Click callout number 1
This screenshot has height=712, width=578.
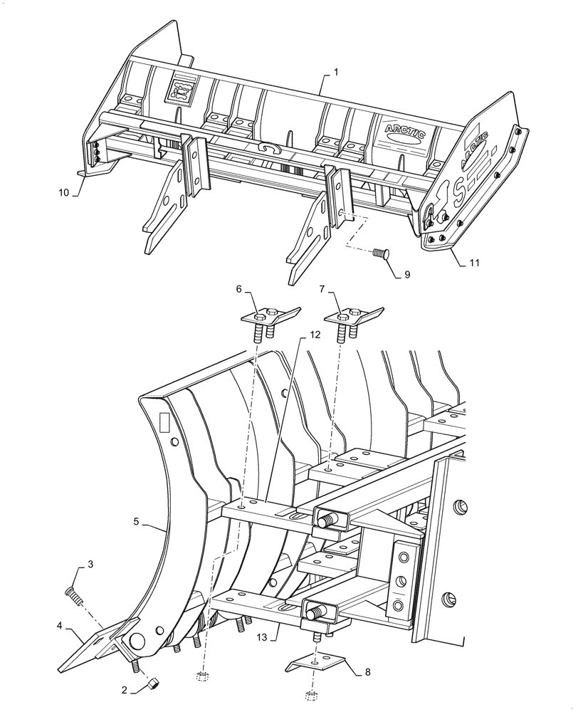tap(335, 73)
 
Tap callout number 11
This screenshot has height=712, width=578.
tap(474, 263)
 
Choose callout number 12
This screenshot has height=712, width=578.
tap(315, 334)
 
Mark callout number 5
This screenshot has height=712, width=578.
tap(136, 521)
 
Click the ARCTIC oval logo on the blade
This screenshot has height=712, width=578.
tap(406, 130)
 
